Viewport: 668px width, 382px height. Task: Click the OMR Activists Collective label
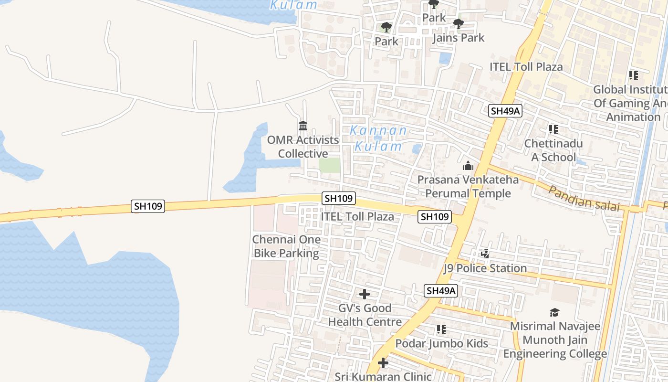(303, 147)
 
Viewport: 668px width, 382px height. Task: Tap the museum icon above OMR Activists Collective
(303, 126)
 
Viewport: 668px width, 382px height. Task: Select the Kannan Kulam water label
(378, 138)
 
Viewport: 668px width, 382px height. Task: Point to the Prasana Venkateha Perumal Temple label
(468, 187)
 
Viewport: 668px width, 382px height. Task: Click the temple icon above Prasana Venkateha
(468, 166)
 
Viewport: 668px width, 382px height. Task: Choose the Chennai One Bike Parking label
(286, 246)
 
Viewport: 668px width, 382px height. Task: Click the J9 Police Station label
(485, 268)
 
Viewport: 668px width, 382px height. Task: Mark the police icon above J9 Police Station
(485, 254)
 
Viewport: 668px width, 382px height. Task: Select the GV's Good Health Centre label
(365, 315)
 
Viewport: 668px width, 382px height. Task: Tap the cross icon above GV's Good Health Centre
(365, 294)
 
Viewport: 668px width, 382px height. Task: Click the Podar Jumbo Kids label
(442, 343)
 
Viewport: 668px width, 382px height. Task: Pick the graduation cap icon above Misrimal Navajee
(554, 313)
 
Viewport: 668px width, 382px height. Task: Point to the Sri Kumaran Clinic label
(383, 377)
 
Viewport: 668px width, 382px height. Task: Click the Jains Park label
(458, 38)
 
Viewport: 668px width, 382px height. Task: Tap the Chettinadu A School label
(553, 150)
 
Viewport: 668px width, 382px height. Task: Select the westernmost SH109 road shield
(148, 206)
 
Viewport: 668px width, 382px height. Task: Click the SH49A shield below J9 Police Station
(441, 291)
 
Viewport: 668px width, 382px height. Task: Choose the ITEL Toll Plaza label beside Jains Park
(526, 67)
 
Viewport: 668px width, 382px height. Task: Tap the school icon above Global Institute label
(634, 75)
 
